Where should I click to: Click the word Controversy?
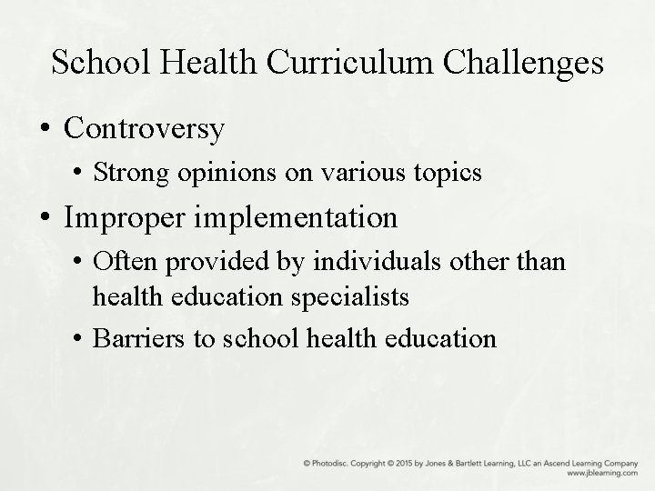144,128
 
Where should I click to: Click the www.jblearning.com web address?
601,474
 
